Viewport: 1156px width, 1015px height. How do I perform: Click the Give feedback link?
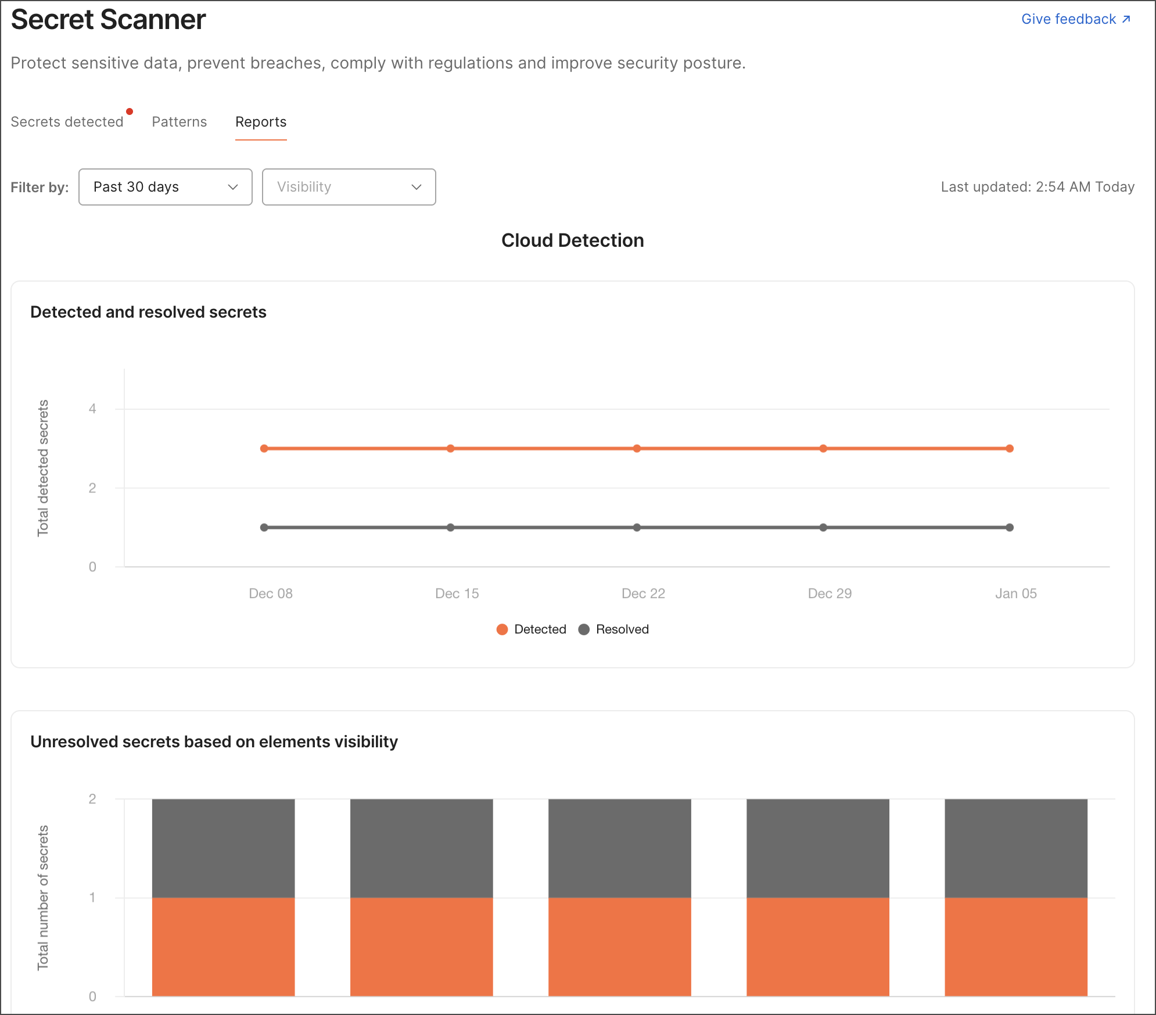[1075, 19]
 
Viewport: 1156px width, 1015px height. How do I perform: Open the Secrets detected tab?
[67, 122]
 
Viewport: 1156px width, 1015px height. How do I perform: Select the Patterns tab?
[179, 122]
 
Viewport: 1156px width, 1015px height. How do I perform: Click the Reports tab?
[261, 122]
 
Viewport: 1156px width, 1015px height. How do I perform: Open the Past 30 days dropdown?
[166, 187]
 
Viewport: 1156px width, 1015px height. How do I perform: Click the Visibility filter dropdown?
[349, 187]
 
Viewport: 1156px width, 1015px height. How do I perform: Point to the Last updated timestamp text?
[1037, 187]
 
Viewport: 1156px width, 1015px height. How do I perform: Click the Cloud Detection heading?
[572, 240]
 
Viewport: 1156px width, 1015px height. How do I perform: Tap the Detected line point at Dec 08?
[264, 448]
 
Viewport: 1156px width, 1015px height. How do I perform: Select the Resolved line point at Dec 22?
[637, 527]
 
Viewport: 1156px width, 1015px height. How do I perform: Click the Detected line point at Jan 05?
[1010, 448]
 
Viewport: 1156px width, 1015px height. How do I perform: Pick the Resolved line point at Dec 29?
[823, 527]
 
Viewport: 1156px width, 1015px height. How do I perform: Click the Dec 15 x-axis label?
[457, 593]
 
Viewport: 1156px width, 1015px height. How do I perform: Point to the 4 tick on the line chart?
[92, 409]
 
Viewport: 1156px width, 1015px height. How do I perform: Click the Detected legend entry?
[532, 629]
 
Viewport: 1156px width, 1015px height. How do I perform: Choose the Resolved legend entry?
[614, 629]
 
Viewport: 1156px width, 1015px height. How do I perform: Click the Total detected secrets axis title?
[43, 468]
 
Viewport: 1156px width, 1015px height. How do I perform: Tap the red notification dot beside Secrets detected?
[130, 111]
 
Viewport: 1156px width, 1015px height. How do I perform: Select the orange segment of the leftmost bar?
[223, 946]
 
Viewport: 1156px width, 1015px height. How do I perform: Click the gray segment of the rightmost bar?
[1015, 848]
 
